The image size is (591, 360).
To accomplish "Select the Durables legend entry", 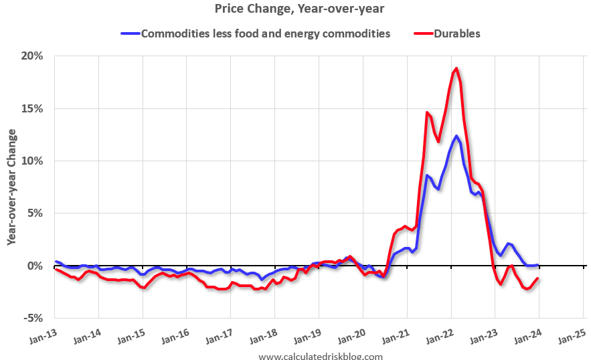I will coord(456,33).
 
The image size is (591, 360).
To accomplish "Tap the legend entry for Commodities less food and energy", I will coord(265,33).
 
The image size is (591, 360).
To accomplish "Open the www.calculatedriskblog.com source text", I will coord(320,357).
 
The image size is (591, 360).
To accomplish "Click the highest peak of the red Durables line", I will coord(456,68).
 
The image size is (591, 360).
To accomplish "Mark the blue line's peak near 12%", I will coord(456,136).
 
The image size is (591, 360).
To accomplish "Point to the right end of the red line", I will coord(538,278).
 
